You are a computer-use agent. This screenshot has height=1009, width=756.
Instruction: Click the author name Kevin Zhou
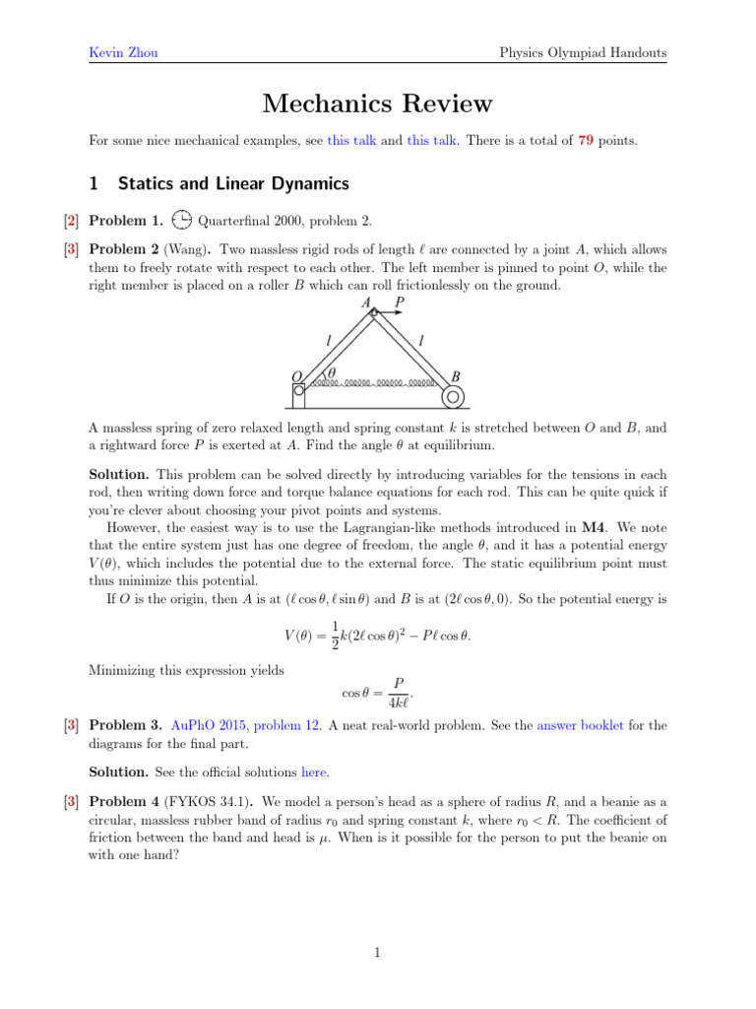(115, 52)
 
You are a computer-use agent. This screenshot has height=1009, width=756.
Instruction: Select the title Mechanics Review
(377, 103)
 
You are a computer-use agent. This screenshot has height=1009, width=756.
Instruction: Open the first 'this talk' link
(351, 141)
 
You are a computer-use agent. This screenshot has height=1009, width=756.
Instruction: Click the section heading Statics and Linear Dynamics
(232, 182)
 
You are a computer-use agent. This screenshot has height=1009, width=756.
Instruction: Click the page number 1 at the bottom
(377, 952)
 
